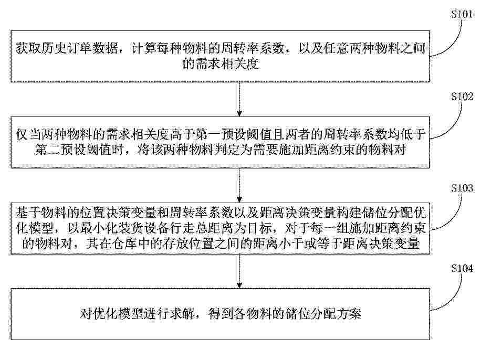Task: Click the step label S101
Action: [462, 14]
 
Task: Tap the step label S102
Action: [462, 97]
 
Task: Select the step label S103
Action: [462, 188]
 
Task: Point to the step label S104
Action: [462, 269]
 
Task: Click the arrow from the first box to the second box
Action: [239, 99]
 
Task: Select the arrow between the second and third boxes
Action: [239, 185]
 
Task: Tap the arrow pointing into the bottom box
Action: [239, 271]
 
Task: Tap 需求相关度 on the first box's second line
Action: [221, 64]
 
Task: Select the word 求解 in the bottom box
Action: [182, 314]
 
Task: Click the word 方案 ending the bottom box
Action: [349, 314]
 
